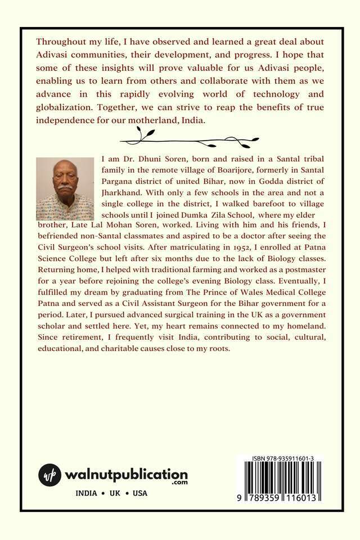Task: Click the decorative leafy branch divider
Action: (x=190, y=138)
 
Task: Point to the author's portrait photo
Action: (x=65, y=188)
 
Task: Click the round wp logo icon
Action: (x=49, y=475)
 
